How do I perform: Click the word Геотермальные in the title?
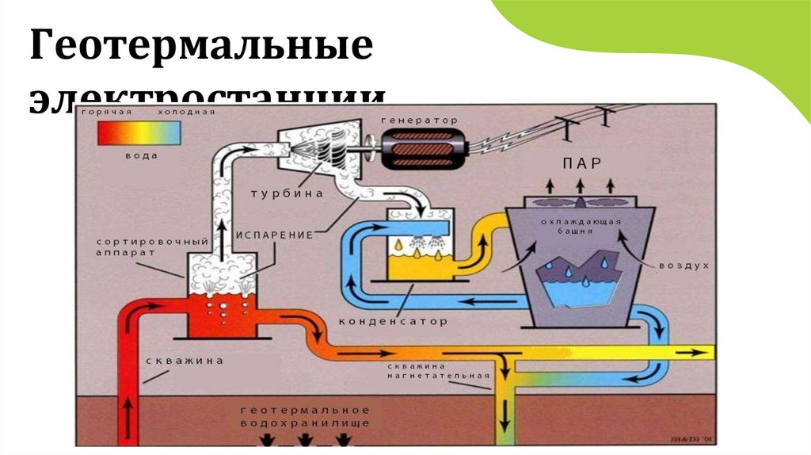click(x=201, y=48)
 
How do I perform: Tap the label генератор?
click(x=419, y=120)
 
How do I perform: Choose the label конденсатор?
click(x=393, y=322)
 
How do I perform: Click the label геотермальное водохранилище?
click(x=305, y=416)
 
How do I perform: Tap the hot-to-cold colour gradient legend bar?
click(x=139, y=134)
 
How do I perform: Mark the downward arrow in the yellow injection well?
click(x=504, y=411)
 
